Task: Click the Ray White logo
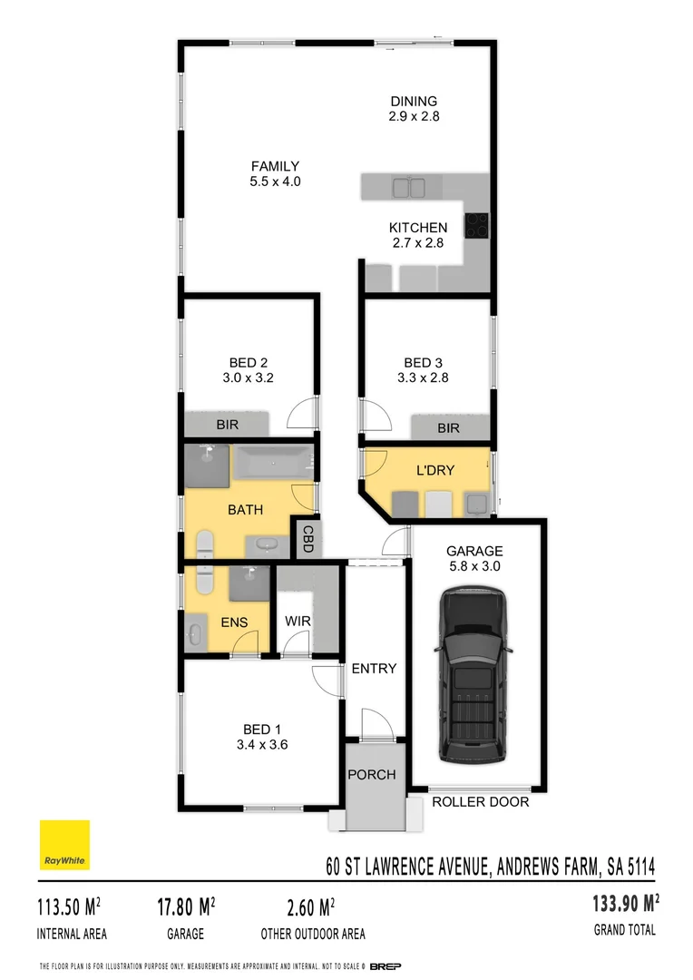pos(64,845)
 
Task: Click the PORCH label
pos(372,774)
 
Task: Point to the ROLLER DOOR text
pos(480,802)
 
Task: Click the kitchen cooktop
pos(477,225)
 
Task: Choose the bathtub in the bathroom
pos(273,464)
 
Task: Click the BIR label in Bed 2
pos(227,425)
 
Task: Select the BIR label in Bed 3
pos(449,428)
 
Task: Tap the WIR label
pos(298,622)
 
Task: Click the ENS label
pos(233,622)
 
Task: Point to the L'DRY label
pos(434,470)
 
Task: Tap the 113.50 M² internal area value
pos(69,906)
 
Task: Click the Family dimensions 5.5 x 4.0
pos(275,181)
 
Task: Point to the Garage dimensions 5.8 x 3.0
pos(473,566)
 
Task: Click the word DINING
pos(414,102)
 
